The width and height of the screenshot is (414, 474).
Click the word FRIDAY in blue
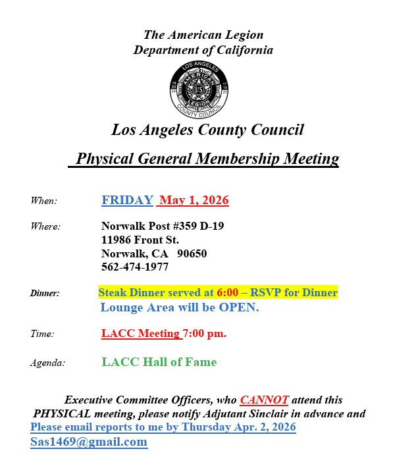(x=127, y=200)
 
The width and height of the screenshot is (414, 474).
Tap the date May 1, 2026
(x=194, y=200)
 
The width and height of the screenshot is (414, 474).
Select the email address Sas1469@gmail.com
(x=89, y=442)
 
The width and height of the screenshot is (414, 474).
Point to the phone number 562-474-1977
(x=135, y=267)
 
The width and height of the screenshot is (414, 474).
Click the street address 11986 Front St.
(x=140, y=240)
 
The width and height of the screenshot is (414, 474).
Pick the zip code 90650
(x=192, y=253)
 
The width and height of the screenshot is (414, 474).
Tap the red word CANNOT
(x=264, y=400)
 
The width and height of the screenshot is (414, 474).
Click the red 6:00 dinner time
(x=228, y=292)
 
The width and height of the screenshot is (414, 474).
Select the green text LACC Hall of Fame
(x=159, y=361)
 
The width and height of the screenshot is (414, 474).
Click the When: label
(x=43, y=201)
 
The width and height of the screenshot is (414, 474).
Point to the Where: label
(x=45, y=226)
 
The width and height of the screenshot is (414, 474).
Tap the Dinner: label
(x=45, y=293)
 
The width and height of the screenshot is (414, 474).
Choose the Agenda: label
(x=47, y=363)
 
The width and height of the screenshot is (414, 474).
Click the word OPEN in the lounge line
(x=239, y=307)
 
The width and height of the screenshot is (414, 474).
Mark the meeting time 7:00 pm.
(x=205, y=333)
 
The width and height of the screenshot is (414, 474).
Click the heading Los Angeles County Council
(x=207, y=130)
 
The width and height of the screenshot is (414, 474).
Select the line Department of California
(x=203, y=50)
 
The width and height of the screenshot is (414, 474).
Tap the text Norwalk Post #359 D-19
(x=163, y=226)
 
